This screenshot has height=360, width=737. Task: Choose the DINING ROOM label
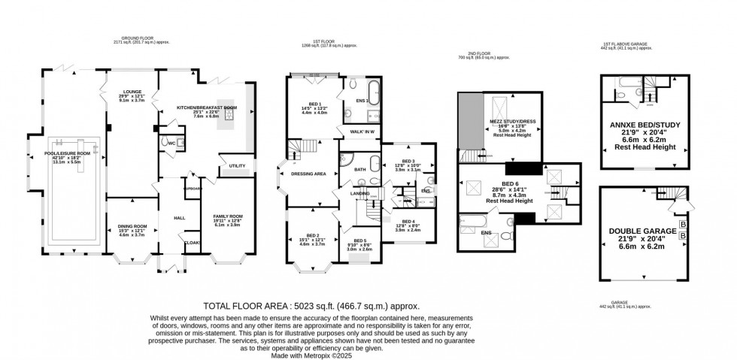coord(132,225)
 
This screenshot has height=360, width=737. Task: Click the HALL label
coord(180,218)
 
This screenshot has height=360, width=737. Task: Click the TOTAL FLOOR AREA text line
coord(312,307)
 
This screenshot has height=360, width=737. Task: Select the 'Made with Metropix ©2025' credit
coord(312,355)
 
